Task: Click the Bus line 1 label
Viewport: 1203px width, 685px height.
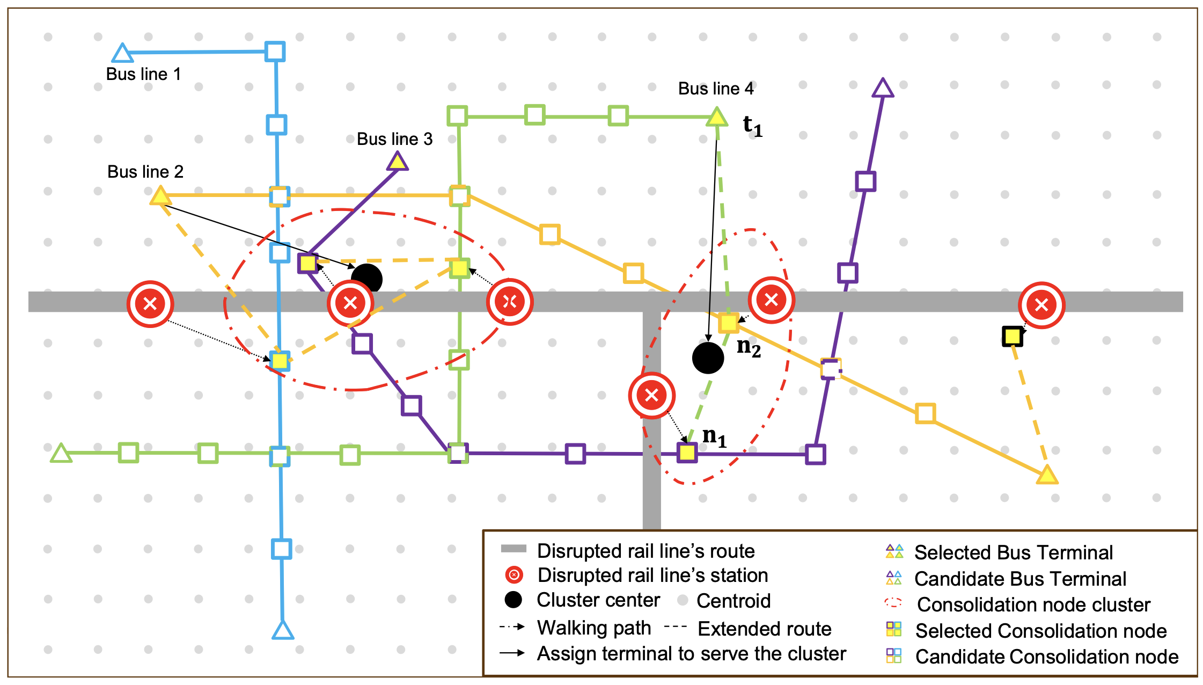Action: pyautogui.click(x=143, y=74)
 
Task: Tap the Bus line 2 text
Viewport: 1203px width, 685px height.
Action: pyautogui.click(x=145, y=172)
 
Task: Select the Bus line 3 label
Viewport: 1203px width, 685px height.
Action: pyautogui.click(x=394, y=139)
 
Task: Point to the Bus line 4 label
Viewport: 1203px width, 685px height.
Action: pyautogui.click(x=716, y=89)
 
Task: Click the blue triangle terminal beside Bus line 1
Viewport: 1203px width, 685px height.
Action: pyautogui.click(x=122, y=54)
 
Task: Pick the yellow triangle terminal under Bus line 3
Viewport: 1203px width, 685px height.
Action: pyautogui.click(x=397, y=162)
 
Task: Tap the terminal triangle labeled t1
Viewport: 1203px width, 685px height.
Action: pyautogui.click(x=716, y=117)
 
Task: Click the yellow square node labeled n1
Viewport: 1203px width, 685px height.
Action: pyautogui.click(x=687, y=453)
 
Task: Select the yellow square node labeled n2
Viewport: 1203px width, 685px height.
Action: pyautogui.click(x=729, y=323)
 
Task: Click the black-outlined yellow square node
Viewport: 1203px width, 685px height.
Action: pyautogui.click(x=1012, y=337)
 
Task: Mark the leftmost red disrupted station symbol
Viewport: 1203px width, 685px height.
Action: pyautogui.click(x=150, y=304)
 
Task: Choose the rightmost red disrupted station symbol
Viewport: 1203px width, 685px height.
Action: pyautogui.click(x=1041, y=305)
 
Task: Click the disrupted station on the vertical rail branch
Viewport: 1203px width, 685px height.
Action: pyautogui.click(x=651, y=396)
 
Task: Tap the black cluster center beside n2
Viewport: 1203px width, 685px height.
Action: pyautogui.click(x=708, y=358)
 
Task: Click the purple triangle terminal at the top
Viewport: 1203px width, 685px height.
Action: pyautogui.click(x=883, y=89)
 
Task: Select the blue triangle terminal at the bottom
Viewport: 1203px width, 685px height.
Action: pyautogui.click(x=283, y=631)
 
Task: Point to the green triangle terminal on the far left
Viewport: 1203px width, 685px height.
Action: pyautogui.click(x=61, y=454)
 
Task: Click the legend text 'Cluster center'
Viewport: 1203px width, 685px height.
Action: pyautogui.click(x=598, y=600)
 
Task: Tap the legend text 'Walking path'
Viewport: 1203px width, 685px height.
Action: pyautogui.click(x=594, y=628)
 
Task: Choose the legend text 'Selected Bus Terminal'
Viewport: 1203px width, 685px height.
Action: pyautogui.click(x=1013, y=552)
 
